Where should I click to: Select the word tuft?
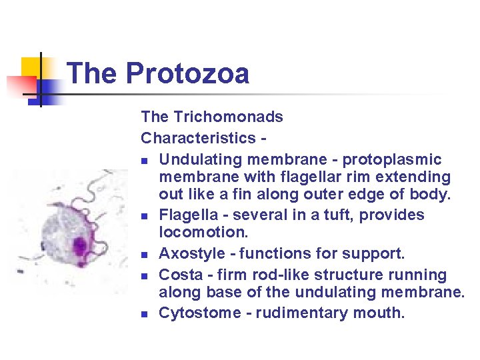coord(329,215)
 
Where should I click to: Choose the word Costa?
coord(177,275)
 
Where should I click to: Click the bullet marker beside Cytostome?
coord(145,314)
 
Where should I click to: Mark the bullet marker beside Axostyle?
coord(145,254)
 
